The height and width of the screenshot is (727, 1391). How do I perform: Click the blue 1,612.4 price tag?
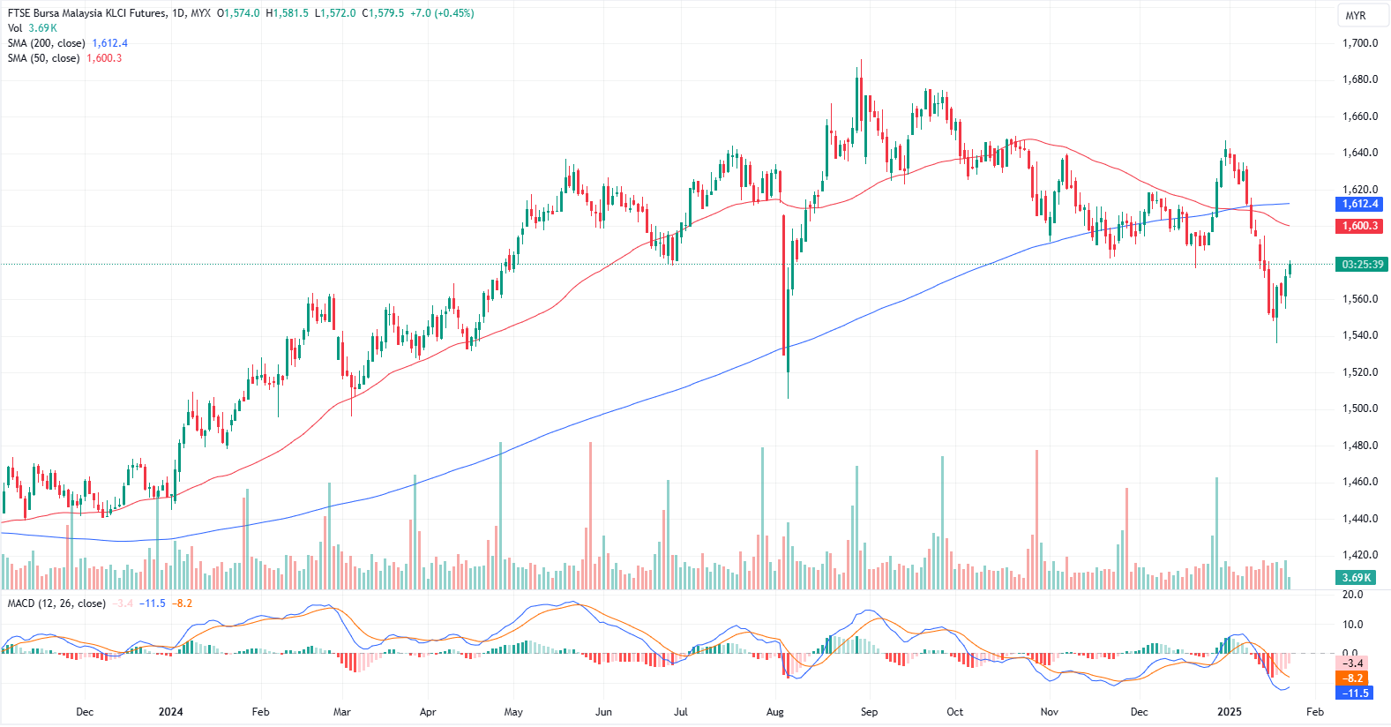coord(1360,204)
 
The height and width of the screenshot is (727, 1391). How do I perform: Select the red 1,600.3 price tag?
coord(1360,226)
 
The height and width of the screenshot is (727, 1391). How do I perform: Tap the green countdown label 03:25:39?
coord(1362,264)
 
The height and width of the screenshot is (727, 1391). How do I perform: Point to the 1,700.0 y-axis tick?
coord(1359,43)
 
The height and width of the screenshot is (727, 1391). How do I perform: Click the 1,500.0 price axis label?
coord(1359,408)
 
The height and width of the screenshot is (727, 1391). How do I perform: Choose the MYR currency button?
coord(1355,16)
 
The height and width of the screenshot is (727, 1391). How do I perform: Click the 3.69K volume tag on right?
coord(1356,578)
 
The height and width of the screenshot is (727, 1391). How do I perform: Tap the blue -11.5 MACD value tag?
coord(1355,693)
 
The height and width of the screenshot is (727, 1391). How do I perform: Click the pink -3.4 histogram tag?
coord(1353,663)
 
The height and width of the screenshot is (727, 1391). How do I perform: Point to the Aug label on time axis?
coord(775,712)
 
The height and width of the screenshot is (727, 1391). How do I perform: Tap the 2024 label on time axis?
coord(170,712)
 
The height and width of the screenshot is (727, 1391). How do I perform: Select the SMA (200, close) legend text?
coord(46,43)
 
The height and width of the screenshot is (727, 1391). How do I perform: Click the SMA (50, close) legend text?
coord(43,58)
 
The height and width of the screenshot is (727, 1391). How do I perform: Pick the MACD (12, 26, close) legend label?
coord(56,603)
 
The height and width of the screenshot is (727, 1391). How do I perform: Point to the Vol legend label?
coord(15,28)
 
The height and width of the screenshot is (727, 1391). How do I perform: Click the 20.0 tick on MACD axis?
coord(1352,595)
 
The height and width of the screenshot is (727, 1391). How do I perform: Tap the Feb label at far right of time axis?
coord(1314,712)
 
